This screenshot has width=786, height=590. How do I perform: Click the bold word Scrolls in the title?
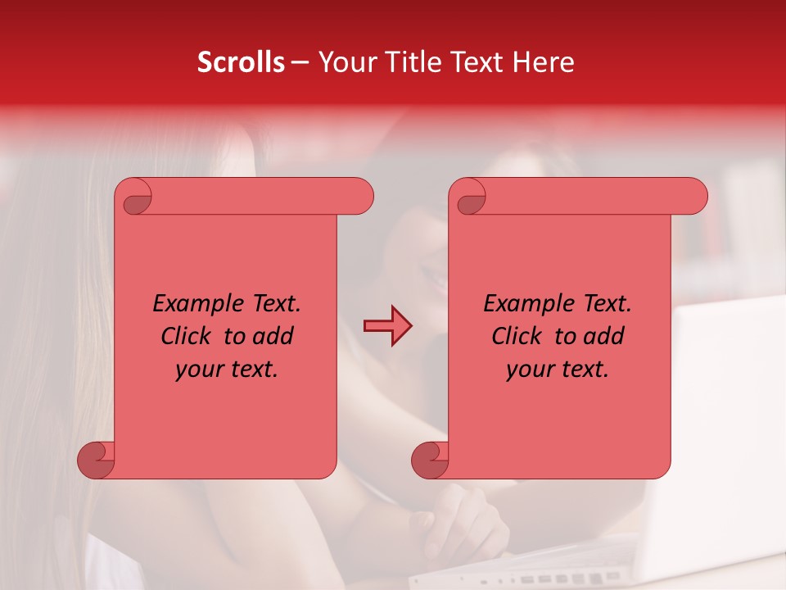click(x=240, y=62)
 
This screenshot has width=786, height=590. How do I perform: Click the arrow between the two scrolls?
click(x=388, y=326)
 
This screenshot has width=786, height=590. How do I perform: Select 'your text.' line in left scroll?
click(x=227, y=370)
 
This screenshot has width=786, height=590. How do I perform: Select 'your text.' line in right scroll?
click(x=558, y=370)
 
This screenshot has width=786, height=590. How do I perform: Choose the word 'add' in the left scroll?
click(x=274, y=336)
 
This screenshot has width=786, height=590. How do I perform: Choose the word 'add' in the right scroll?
click(x=605, y=336)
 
